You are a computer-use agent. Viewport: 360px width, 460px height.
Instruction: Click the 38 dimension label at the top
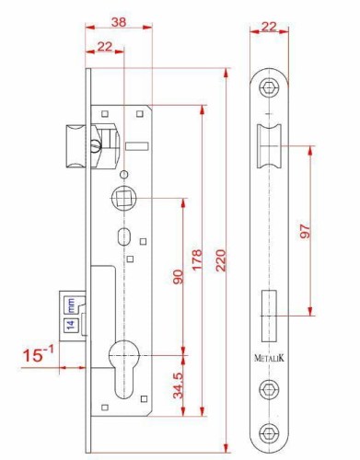pyautogui.click(x=119, y=22)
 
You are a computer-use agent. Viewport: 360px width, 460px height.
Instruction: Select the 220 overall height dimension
pyautogui.click(x=221, y=260)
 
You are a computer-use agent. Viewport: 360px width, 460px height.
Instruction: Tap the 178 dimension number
pyautogui.click(x=197, y=259)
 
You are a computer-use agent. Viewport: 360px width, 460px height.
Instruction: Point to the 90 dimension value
pyautogui.click(x=178, y=277)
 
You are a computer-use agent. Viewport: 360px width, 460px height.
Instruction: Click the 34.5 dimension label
pyautogui.click(x=178, y=385)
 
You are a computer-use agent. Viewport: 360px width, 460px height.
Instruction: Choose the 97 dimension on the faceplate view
pyautogui.click(x=306, y=231)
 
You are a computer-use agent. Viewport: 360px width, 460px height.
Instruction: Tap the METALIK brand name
pyautogui.click(x=269, y=358)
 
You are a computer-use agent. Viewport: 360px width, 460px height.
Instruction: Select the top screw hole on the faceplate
pyautogui.click(x=269, y=88)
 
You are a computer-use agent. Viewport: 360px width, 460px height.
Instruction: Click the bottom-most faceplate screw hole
pyautogui.click(x=269, y=433)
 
